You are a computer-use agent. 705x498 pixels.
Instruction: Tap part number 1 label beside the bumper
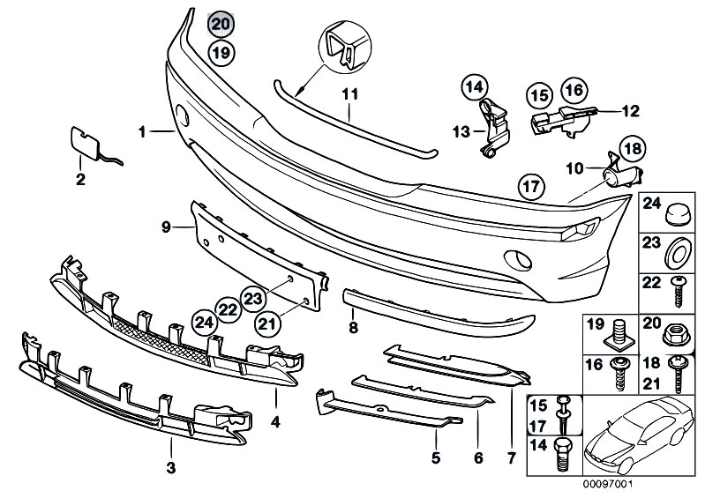click(141, 132)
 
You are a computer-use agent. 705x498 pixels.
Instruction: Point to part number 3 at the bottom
click(171, 466)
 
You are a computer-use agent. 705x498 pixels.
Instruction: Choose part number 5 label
click(436, 457)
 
